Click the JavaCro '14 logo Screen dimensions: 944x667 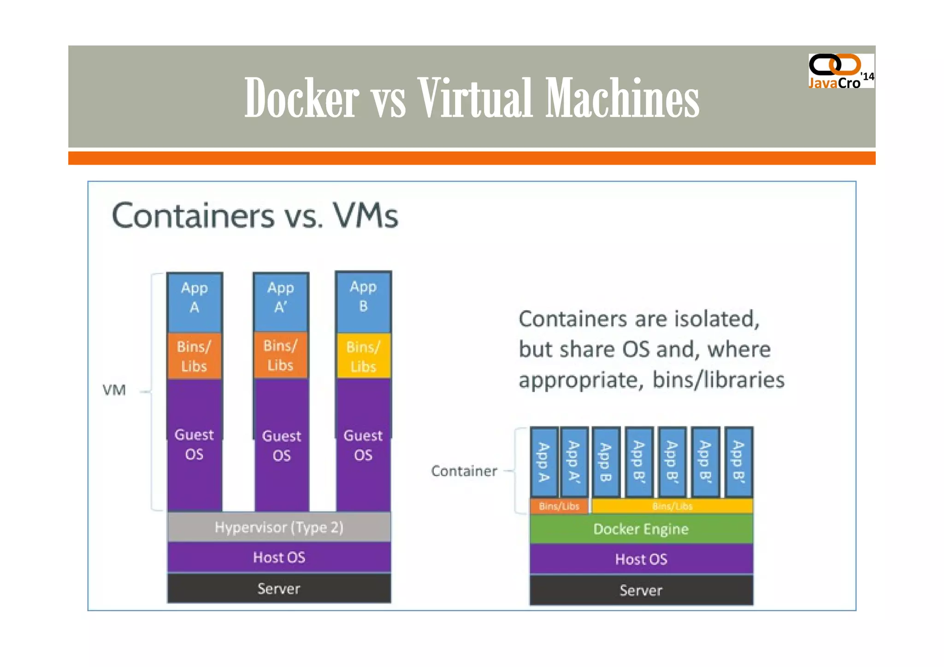click(x=840, y=71)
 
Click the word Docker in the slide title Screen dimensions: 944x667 click(x=301, y=98)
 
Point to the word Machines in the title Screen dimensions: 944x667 click(x=622, y=98)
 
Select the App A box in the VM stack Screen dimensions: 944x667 click(x=195, y=302)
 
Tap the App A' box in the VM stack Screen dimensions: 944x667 click(x=281, y=302)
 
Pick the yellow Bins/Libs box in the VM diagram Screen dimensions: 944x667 click(x=363, y=356)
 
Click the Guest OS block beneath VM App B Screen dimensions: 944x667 click(x=363, y=445)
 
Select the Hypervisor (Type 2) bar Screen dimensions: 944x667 click(x=279, y=527)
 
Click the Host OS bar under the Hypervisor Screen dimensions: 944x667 click(x=279, y=557)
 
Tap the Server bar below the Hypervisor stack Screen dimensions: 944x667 click(x=279, y=588)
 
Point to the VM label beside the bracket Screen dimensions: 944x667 click(x=114, y=390)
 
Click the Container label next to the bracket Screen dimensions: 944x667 click(x=464, y=471)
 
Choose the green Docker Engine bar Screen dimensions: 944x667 click(x=641, y=529)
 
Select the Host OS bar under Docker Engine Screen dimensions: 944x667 click(x=641, y=559)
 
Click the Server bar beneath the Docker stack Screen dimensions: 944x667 click(x=641, y=590)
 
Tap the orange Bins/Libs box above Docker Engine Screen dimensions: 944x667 click(x=559, y=506)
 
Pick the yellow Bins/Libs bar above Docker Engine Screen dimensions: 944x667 click(x=672, y=506)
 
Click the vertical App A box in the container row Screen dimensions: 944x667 click(x=544, y=462)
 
